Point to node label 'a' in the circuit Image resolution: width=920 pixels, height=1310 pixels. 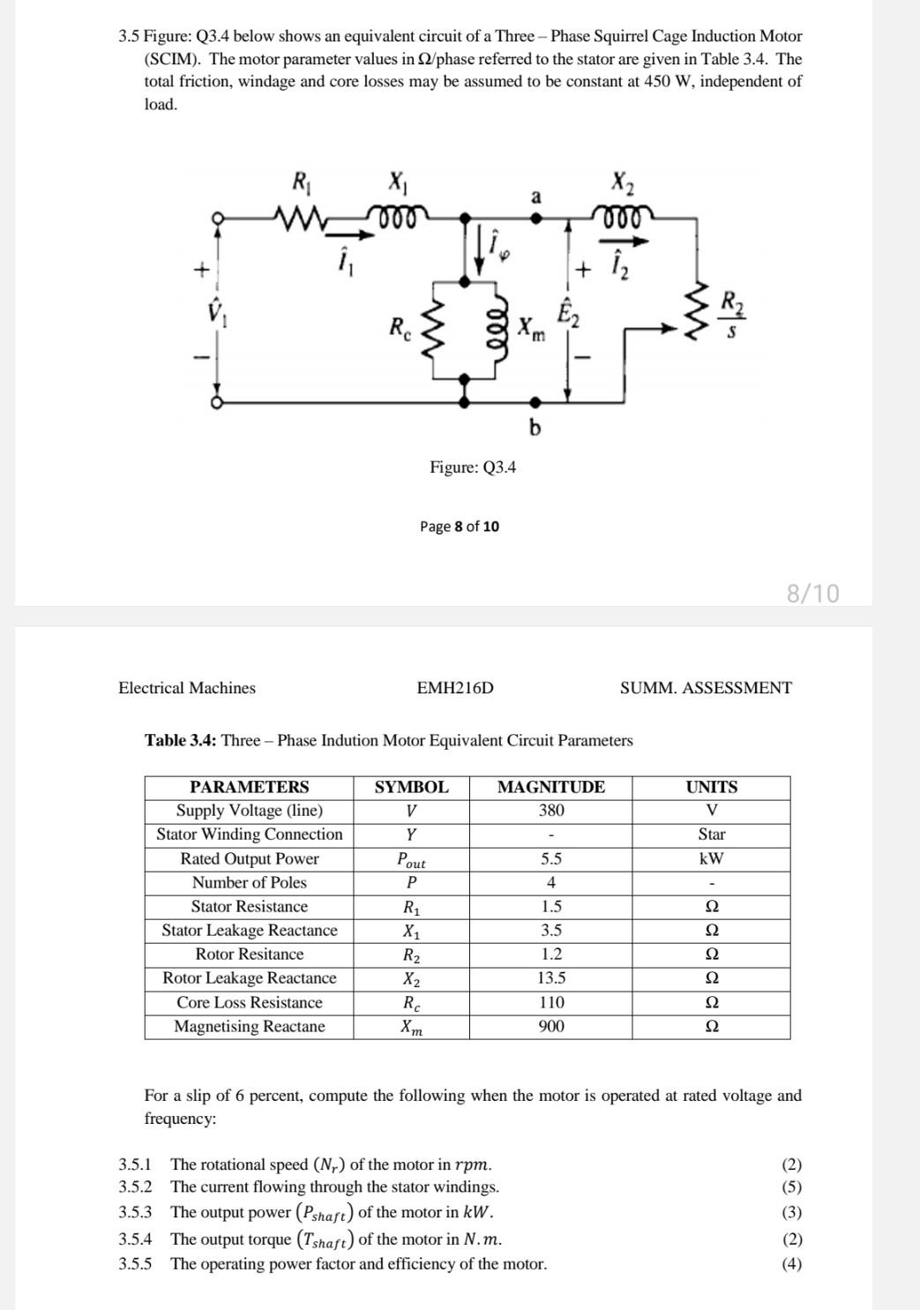tap(535, 197)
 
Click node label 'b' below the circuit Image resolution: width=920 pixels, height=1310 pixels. tap(535, 428)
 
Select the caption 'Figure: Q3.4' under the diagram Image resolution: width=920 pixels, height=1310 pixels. tap(473, 467)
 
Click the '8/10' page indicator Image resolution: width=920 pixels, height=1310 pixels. tap(812, 593)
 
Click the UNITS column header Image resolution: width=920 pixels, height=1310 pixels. tap(711, 787)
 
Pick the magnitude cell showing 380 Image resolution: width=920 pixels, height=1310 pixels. tap(551, 811)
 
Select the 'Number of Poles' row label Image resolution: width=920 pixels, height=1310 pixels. tap(250, 882)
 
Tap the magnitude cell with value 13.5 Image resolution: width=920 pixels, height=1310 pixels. tap(551, 978)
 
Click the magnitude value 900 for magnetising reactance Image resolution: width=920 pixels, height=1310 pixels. tap(551, 1026)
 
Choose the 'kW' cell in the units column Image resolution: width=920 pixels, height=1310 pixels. tap(711, 858)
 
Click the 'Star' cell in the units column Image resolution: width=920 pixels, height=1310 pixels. tap(711, 835)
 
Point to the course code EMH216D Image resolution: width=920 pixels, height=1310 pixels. tap(455, 688)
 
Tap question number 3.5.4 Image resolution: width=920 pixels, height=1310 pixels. tap(135, 1239)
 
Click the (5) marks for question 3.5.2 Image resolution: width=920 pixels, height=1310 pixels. tap(792, 1187)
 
